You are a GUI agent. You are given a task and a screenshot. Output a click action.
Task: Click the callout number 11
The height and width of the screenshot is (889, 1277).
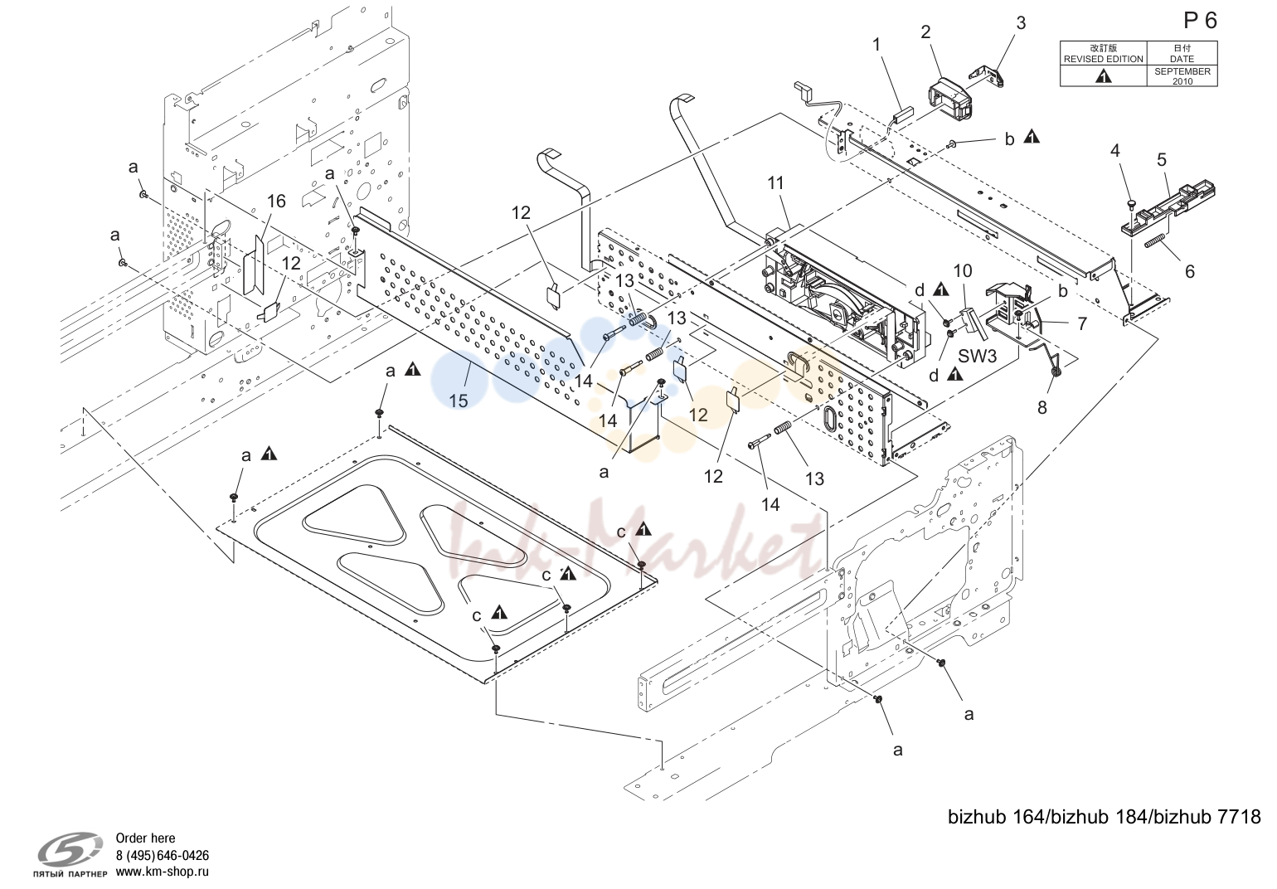click(x=776, y=183)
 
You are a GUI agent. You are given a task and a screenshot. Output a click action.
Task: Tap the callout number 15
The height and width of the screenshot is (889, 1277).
click(x=459, y=401)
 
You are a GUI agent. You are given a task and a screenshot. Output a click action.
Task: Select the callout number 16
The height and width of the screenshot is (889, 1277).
click(x=276, y=201)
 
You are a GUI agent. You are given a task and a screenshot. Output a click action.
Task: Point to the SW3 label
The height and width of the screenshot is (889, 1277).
click(x=977, y=356)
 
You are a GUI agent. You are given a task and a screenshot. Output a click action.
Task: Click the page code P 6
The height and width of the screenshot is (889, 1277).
click(x=1202, y=21)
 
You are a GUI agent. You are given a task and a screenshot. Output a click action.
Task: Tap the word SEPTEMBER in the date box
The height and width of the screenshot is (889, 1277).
click(x=1182, y=71)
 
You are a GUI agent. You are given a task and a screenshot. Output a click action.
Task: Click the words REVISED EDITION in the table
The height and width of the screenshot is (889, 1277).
click(x=1104, y=59)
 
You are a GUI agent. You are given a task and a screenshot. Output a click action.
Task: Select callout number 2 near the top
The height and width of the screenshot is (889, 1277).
click(x=925, y=32)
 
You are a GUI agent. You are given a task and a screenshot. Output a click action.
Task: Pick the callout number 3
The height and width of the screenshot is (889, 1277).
click(x=1021, y=23)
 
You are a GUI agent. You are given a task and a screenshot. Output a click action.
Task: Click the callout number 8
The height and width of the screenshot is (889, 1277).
click(x=1042, y=407)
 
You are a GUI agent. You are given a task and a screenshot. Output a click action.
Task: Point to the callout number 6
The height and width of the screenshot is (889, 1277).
click(x=1190, y=271)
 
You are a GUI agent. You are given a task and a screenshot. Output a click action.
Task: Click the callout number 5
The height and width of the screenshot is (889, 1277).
click(x=1161, y=160)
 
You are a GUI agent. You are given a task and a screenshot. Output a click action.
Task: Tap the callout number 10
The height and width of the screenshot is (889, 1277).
click(x=963, y=271)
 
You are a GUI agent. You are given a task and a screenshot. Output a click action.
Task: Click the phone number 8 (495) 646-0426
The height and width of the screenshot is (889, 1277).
click(x=163, y=855)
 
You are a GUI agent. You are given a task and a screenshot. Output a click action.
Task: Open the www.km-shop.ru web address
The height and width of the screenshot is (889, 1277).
click(x=163, y=872)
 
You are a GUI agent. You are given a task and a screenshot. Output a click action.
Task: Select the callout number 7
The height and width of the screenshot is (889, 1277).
click(x=1083, y=324)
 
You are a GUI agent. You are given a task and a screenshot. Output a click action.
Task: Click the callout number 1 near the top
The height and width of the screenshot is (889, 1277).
click(x=876, y=45)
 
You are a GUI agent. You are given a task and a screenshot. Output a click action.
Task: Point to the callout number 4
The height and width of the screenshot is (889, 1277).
click(x=1115, y=151)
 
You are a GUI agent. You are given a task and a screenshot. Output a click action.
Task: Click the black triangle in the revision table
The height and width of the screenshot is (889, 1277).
click(x=1104, y=76)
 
